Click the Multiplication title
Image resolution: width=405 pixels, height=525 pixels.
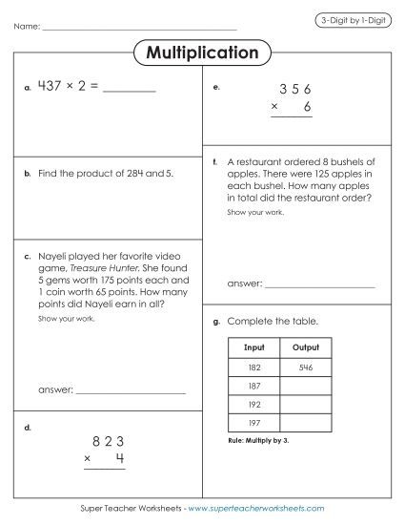point(202,52)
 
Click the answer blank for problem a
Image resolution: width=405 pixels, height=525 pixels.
point(127,91)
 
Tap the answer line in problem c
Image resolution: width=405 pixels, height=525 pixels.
point(130,392)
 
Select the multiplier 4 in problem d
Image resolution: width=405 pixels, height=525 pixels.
point(120,459)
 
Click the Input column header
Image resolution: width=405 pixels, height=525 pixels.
point(253,347)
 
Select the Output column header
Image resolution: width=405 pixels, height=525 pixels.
point(306,347)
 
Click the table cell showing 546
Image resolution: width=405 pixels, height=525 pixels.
point(306,367)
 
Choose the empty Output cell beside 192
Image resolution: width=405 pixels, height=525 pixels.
point(306,404)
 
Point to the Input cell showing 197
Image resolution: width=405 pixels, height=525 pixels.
point(253,422)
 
